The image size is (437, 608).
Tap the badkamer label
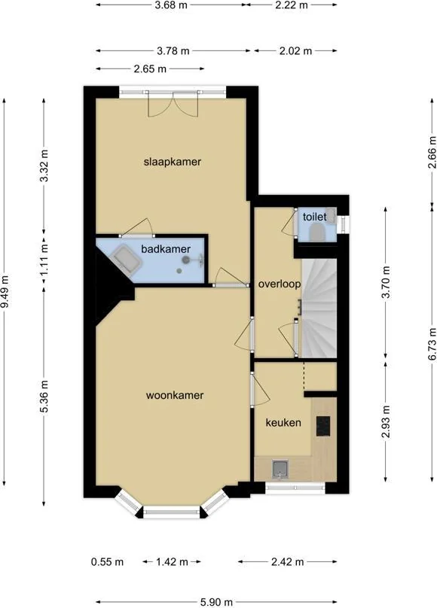point(166,248)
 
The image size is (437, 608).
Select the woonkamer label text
point(175,394)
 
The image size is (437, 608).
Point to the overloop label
point(280,284)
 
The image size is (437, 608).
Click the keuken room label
point(283,423)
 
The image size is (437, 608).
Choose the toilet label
point(314,217)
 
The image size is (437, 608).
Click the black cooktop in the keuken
point(323,426)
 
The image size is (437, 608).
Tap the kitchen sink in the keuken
point(280,470)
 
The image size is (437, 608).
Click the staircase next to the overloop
point(319,309)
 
